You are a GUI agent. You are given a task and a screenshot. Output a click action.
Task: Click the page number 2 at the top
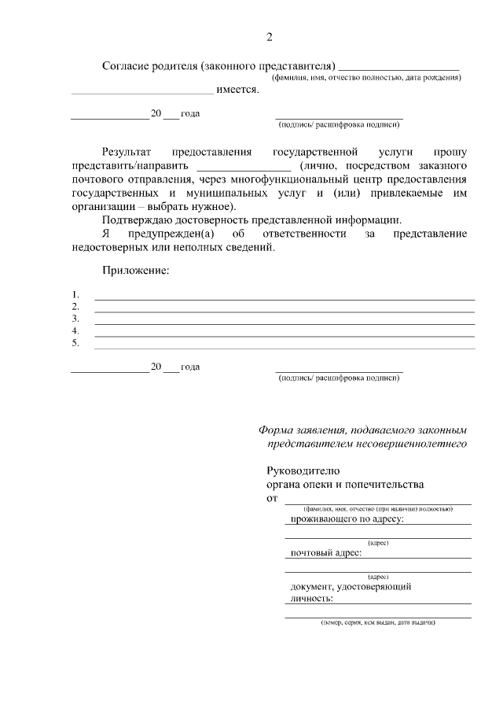click(270, 37)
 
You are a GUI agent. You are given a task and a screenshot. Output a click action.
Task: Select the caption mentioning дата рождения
click(366, 78)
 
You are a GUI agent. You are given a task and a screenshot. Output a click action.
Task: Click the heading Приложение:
click(135, 271)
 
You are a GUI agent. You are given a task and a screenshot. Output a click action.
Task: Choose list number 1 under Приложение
click(75, 295)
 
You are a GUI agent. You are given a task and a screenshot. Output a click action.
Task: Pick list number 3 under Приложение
click(75, 319)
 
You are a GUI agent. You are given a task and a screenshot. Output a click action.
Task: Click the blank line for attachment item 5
click(284, 347)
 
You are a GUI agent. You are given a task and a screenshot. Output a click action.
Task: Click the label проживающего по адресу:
click(347, 519)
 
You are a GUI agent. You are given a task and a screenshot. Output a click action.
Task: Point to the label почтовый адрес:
click(326, 553)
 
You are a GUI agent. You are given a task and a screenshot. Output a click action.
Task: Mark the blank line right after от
click(377, 501)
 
